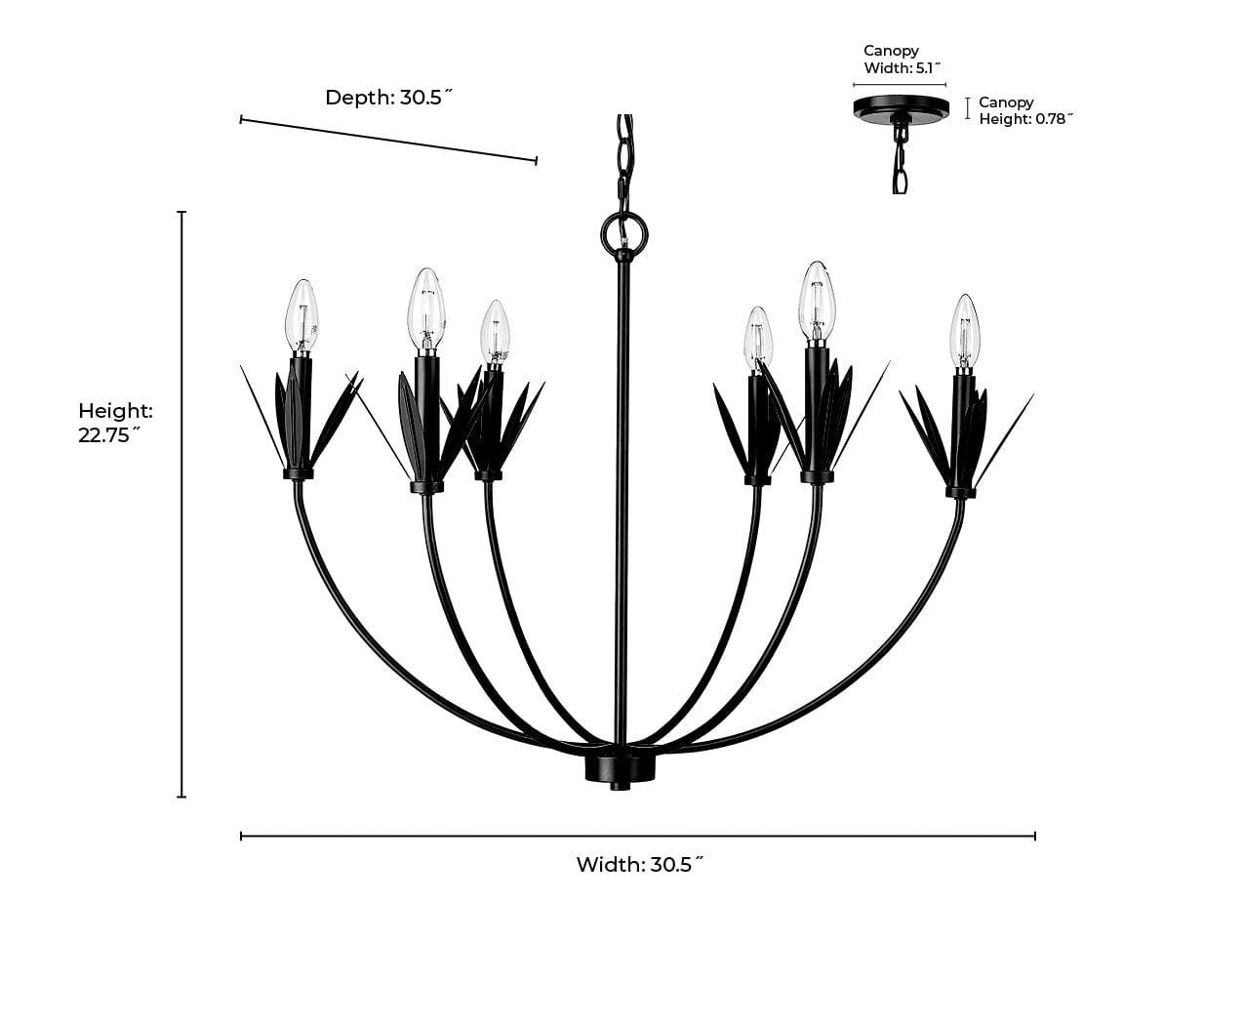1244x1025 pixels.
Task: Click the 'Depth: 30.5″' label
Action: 389,98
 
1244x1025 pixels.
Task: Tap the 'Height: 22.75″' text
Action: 115,423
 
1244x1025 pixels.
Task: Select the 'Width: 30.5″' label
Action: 639,864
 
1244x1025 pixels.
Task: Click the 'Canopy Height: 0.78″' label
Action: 1024,110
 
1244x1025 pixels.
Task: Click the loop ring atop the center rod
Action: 624,231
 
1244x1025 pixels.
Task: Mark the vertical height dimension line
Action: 181,504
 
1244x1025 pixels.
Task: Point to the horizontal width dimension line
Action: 638,836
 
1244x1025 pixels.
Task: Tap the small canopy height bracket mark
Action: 967,108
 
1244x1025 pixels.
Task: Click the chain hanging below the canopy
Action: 900,161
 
